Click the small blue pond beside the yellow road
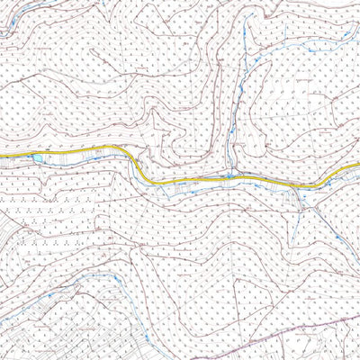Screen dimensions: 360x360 click(36, 158)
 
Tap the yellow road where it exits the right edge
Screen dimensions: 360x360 click(357, 167)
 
